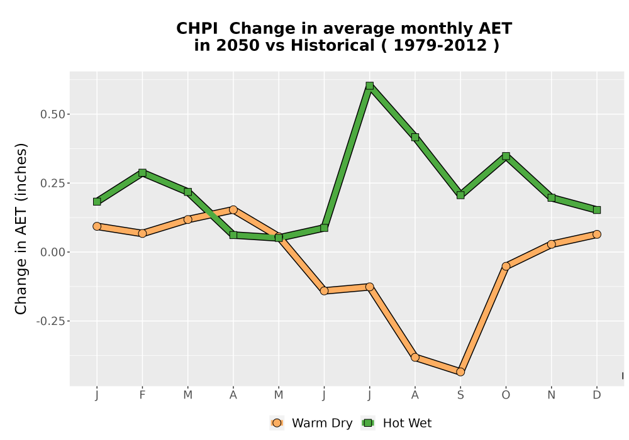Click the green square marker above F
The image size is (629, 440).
pyautogui.click(x=142, y=173)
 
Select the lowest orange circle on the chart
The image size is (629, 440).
pyautogui.click(x=460, y=372)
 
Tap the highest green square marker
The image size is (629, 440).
pyautogui.click(x=369, y=85)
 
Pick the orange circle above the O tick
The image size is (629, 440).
pyautogui.click(x=506, y=266)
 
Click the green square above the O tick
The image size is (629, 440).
pyautogui.click(x=506, y=156)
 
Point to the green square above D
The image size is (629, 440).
pyautogui.click(x=597, y=210)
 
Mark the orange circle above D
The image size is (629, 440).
pyautogui.click(x=597, y=234)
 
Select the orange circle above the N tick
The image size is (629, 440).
pyautogui.click(x=551, y=244)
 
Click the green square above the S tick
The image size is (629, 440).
pyautogui.click(x=460, y=195)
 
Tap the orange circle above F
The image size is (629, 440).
pyautogui.click(x=142, y=233)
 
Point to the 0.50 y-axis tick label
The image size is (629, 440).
pyautogui.click(x=53, y=114)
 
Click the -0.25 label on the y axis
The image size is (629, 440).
pyautogui.click(x=50, y=321)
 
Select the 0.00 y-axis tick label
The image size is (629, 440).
pyautogui.click(x=53, y=253)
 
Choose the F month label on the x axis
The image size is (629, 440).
pyautogui.click(x=142, y=395)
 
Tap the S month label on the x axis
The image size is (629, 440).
pyautogui.click(x=460, y=395)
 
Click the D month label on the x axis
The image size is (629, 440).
pyautogui.click(x=597, y=395)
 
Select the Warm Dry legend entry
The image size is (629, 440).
pyautogui.click(x=311, y=423)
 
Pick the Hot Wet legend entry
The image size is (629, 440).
pyautogui.click(x=396, y=423)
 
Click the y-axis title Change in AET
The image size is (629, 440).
pyautogui.click(x=21, y=228)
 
